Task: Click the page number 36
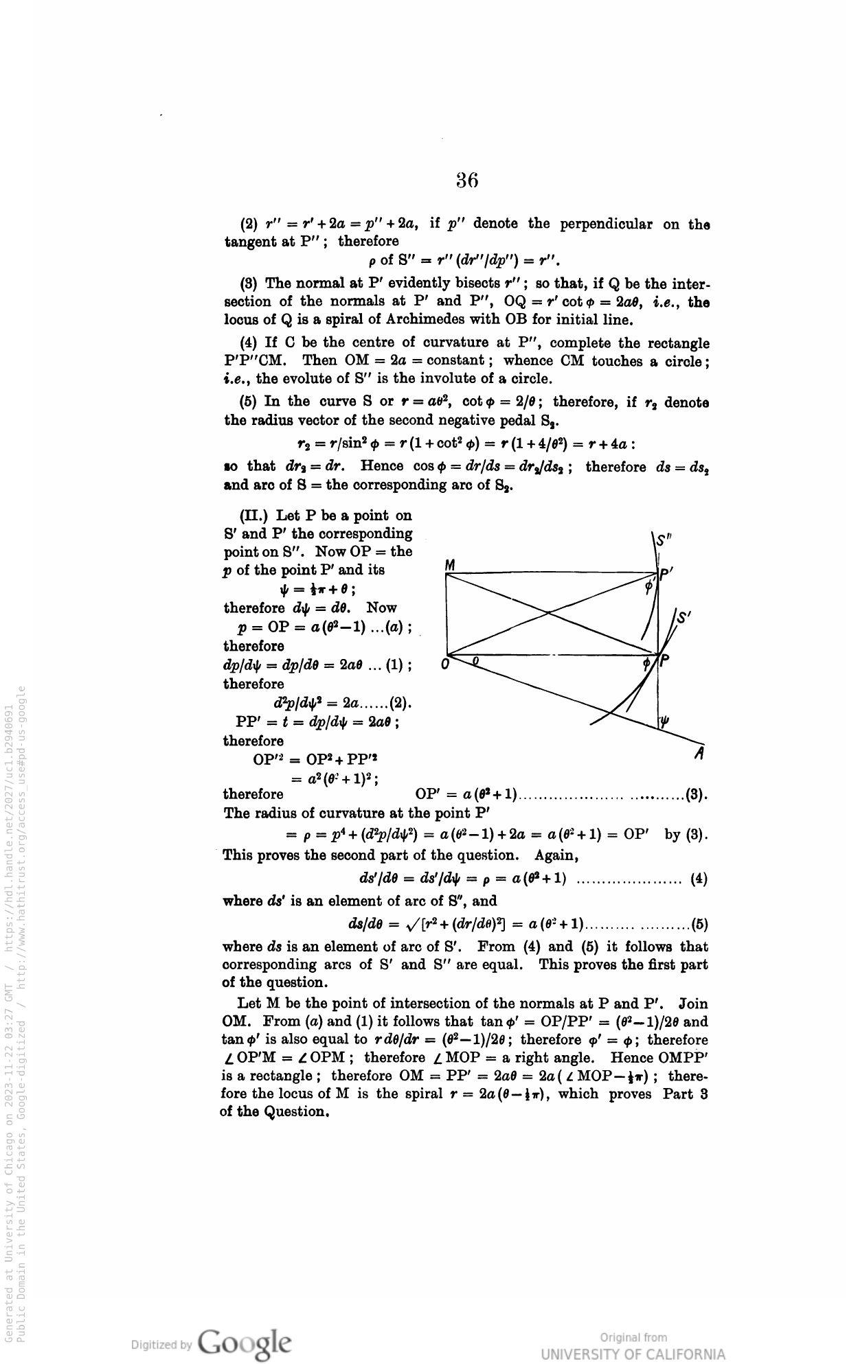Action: pyautogui.click(x=466, y=180)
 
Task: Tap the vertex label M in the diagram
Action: pyautogui.click(x=451, y=564)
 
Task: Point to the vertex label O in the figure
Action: pyautogui.click(x=444, y=664)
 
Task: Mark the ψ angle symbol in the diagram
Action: pyautogui.click(x=664, y=721)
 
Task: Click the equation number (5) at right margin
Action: pyautogui.click(x=699, y=923)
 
